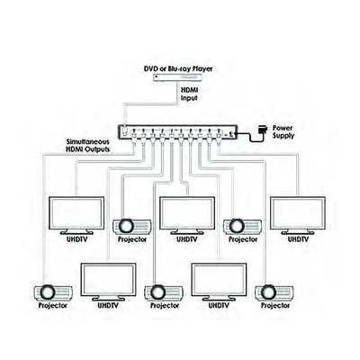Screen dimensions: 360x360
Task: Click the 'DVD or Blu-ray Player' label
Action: pyautogui.click(x=178, y=68)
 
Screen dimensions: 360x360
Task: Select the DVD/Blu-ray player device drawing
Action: pyautogui.click(x=178, y=77)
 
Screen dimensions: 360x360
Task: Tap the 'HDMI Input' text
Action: pyautogui.click(x=189, y=94)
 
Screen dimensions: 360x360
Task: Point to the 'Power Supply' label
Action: pyautogui.click(x=283, y=131)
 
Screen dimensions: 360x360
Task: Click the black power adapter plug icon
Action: pyautogui.click(x=262, y=130)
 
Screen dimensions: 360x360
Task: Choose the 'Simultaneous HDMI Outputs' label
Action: pyautogui.click(x=88, y=146)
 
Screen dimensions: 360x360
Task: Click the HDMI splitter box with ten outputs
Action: pyautogui.click(x=178, y=132)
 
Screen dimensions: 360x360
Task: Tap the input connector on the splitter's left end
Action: pyautogui.click(x=125, y=129)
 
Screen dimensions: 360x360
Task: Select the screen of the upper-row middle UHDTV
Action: pyautogui.click(x=187, y=213)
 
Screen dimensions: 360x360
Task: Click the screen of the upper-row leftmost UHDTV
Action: pyautogui.click(x=76, y=213)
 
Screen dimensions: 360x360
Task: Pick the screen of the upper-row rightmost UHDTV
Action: pyautogui.click(x=298, y=213)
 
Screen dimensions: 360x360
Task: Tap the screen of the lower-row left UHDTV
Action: pyautogui.click(x=109, y=280)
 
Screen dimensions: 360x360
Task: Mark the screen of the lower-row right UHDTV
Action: pyautogui.click(x=219, y=280)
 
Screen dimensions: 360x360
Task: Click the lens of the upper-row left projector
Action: pyautogui.click(x=126, y=226)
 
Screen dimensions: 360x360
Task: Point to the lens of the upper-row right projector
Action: pyautogui.click(x=237, y=226)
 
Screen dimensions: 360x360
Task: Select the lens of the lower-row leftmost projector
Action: pyautogui.click(x=48, y=292)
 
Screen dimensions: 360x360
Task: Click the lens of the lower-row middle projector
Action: pyautogui.click(x=157, y=292)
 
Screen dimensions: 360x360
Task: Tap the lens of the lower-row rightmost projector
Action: pyautogui.click(x=268, y=292)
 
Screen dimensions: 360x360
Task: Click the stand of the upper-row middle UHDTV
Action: pyautogui.click(x=187, y=232)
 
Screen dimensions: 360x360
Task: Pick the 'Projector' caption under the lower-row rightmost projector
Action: pyautogui.click(x=275, y=306)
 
